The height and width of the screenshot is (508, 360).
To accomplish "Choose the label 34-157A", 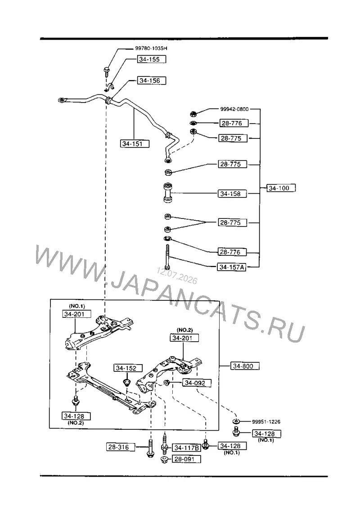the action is tap(232, 267).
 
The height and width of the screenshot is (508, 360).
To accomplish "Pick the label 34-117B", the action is tap(186, 448).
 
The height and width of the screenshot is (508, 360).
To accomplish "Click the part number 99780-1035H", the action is tap(151, 48).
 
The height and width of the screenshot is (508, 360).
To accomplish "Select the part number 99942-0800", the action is tap(234, 109).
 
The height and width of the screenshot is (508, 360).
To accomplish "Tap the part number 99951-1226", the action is tap(266, 422).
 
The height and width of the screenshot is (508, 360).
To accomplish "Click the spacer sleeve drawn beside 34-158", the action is tap(168, 193).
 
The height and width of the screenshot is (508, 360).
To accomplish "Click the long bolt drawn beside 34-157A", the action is tap(167, 257).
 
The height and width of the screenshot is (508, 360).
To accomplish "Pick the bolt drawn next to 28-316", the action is tap(150, 448).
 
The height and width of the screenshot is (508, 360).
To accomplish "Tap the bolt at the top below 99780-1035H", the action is tap(107, 71).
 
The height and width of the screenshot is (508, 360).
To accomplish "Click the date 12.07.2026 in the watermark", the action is tap(177, 276).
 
